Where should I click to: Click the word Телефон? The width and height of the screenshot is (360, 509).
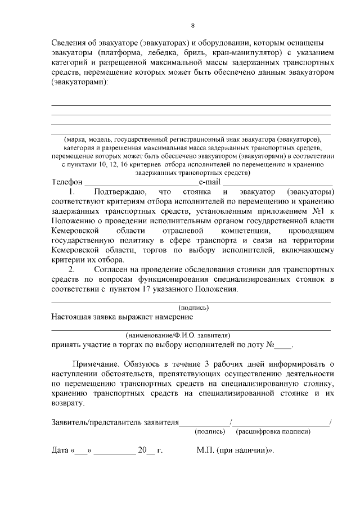pyautogui.click(x=67, y=183)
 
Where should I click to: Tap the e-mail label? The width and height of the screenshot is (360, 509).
pyautogui.click(x=209, y=183)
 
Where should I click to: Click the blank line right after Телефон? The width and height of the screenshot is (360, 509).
pyautogui.click(x=140, y=184)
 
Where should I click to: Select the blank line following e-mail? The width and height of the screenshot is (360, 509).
pyautogui.click(x=278, y=184)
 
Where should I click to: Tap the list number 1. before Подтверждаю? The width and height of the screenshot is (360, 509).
pyautogui.click(x=71, y=193)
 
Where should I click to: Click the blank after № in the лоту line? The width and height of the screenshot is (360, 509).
pyautogui.click(x=285, y=345)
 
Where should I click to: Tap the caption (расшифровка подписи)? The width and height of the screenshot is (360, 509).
pyautogui.click(x=273, y=432)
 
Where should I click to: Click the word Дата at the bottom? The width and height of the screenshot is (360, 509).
pyautogui.click(x=60, y=451)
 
